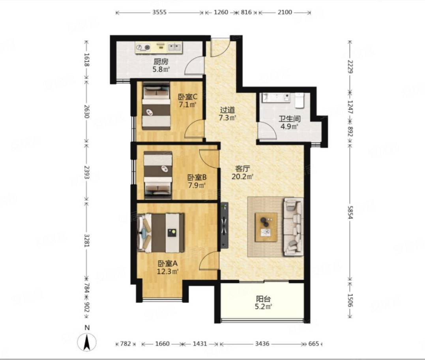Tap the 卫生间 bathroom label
(290, 119)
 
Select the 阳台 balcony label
(264, 299)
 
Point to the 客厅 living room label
(242, 169)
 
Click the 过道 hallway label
(227, 110)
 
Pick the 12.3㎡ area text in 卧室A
(167, 271)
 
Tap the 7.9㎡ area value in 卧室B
(197, 186)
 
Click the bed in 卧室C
(156, 106)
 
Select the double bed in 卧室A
(161, 233)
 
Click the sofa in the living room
(293, 227)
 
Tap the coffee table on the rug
(266, 227)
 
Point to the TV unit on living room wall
(225, 225)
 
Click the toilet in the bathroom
(299, 99)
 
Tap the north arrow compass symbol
(87, 342)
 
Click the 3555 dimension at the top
(159, 13)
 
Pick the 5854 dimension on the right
(350, 212)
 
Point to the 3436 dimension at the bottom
(262, 344)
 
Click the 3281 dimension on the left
(86, 240)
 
